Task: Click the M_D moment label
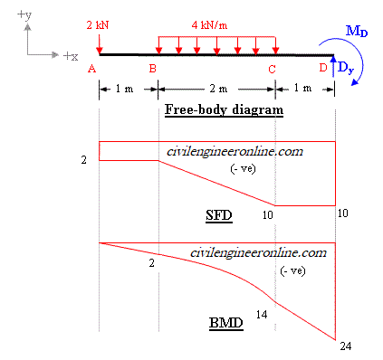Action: pyautogui.click(x=357, y=33)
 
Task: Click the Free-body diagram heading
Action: pyautogui.click(x=225, y=110)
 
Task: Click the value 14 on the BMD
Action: pyautogui.click(x=262, y=314)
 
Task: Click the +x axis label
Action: pyautogui.click(x=70, y=56)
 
